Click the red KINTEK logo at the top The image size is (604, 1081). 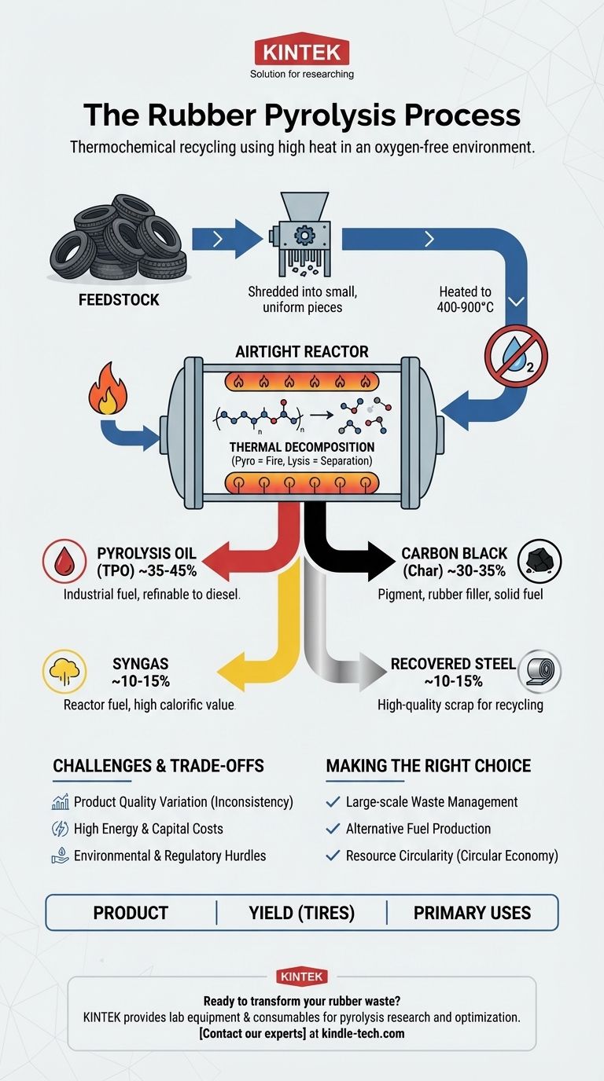coord(301,49)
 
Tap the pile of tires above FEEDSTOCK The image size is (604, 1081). coord(119,238)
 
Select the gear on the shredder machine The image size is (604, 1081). coord(304,236)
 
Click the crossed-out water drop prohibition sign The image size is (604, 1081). coord(516,356)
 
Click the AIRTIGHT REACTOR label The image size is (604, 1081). coord(301,352)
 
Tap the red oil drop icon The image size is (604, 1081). coord(64,561)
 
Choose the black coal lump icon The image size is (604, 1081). coord(540,561)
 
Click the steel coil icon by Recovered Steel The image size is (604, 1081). coord(540,671)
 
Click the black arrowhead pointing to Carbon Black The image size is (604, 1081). coord(381,561)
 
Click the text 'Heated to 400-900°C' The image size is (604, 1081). coord(466,299)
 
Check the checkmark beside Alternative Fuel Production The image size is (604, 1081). coord(333,829)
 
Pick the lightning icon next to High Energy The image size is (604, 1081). coord(60,829)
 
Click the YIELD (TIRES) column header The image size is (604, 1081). coord(301,913)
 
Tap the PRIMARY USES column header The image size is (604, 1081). coord(472,913)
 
